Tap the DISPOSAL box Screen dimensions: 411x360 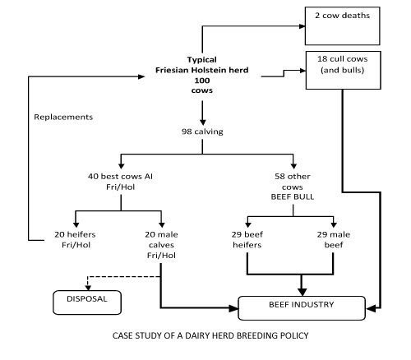coord(87,302)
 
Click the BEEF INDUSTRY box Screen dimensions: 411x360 coord(302,308)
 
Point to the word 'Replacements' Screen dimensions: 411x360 coord(63,117)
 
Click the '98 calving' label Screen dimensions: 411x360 coord(202,132)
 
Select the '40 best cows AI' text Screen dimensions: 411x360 coord(120,176)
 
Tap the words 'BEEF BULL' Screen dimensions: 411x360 coord(293,197)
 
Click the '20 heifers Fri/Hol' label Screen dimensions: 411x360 coord(75,239)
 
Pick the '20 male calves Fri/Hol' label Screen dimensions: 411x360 coord(161,245)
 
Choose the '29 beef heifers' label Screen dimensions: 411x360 coord(247,239)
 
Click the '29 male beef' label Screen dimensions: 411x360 coord(334,239)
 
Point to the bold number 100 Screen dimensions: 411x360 coord(202,81)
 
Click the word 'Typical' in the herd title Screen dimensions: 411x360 coord(202,60)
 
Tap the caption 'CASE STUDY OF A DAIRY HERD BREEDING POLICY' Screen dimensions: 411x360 coord(210,335)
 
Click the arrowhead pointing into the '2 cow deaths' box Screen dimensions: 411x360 coord(302,26)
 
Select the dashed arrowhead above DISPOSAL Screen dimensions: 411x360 coord(88,288)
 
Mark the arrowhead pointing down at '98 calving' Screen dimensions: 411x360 coord(202,122)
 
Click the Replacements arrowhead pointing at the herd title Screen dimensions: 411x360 coord(141,76)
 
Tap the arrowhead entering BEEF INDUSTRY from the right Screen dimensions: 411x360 coord(371,309)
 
